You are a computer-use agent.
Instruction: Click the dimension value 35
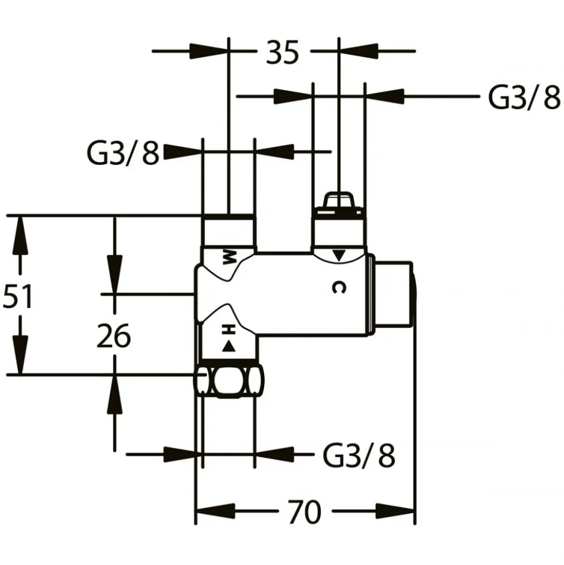coord(283,52)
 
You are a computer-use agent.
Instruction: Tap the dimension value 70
coord(304,511)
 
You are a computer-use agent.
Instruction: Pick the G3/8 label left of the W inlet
coord(123,154)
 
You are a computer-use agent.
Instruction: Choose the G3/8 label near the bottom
coord(359,455)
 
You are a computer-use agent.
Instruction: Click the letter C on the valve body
coord(338,287)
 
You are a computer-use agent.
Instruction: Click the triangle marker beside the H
coord(228,346)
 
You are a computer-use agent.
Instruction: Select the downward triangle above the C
coord(338,255)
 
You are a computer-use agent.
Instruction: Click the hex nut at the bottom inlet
coord(229,382)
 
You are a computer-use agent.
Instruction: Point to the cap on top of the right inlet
coord(338,204)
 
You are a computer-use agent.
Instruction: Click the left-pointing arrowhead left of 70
coord(215,511)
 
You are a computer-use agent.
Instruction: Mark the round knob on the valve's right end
coord(393,294)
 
